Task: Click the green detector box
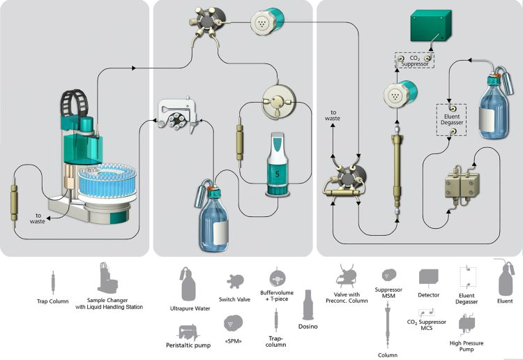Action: coord(431,26)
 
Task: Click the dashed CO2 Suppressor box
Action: coord(415,61)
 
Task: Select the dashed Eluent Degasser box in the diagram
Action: coord(451,120)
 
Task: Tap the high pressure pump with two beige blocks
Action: coord(462,185)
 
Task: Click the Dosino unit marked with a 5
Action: coord(278,164)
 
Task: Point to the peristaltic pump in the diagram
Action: coord(178,115)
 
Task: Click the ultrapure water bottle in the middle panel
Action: coord(213,216)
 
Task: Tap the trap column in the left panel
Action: coord(14,202)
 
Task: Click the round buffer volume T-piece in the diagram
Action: coord(279,102)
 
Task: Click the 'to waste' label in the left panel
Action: coord(38,218)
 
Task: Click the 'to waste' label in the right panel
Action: coord(333,115)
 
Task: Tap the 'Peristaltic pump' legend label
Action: coord(188,345)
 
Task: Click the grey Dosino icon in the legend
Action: coord(308,305)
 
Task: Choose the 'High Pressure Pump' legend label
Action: coord(467,346)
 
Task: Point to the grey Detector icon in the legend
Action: coord(429,278)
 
